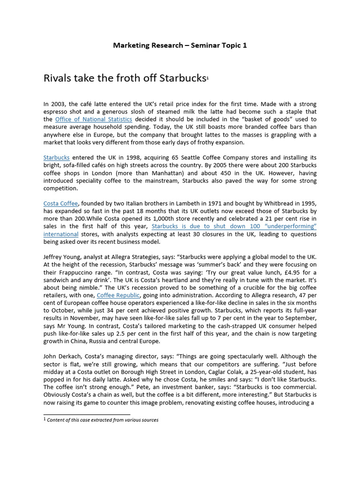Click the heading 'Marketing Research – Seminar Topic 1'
click(x=180, y=45)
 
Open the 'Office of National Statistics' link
click(x=93, y=119)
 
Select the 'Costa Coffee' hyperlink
click(x=60, y=203)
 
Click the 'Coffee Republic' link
click(x=118, y=295)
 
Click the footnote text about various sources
click(x=103, y=420)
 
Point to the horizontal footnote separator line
click(x=86, y=414)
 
